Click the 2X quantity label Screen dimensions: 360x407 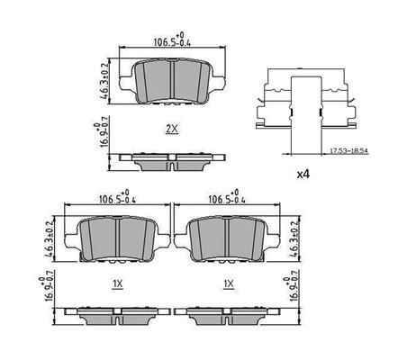tap(172, 129)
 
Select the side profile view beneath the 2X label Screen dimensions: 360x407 tap(171, 161)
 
